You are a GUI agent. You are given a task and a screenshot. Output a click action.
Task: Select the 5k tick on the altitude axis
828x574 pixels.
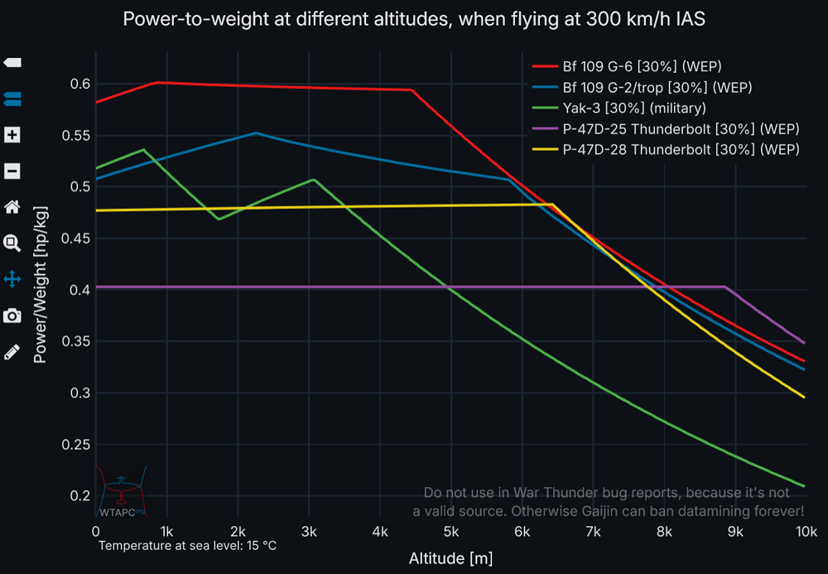pos(451,530)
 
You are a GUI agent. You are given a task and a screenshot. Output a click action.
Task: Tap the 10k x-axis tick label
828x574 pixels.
pos(806,530)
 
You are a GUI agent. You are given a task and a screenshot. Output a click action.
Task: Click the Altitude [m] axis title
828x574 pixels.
pos(450,558)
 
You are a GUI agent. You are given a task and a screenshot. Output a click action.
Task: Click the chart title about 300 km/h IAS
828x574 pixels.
pos(414,19)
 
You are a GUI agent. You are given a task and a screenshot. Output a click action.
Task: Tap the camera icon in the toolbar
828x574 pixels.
pos(12,316)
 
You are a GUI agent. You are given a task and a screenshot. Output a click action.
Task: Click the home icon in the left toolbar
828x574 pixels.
pos(12,207)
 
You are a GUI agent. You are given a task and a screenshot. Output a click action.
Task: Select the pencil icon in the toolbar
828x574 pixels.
pos(12,351)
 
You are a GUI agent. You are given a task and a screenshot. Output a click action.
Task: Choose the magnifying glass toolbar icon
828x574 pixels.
pos(12,243)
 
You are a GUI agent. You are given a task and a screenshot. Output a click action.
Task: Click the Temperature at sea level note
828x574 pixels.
pos(187,546)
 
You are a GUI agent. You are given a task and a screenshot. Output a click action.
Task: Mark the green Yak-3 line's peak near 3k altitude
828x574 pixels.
pos(313,179)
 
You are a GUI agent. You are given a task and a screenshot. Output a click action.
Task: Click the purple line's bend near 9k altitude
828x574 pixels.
pos(726,287)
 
